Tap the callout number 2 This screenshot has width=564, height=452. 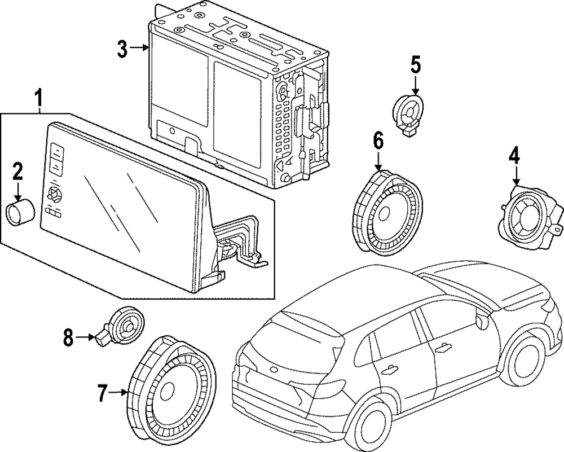[17, 172]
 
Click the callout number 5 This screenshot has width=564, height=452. [416, 65]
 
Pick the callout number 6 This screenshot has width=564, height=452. [378, 141]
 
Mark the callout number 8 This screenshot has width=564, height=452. [68, 337]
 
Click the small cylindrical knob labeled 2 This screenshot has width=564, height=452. [20, 213]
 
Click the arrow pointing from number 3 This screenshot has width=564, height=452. [139, 48]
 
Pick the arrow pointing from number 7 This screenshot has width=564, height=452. [118, 392]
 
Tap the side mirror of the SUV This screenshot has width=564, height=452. [481, 322]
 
